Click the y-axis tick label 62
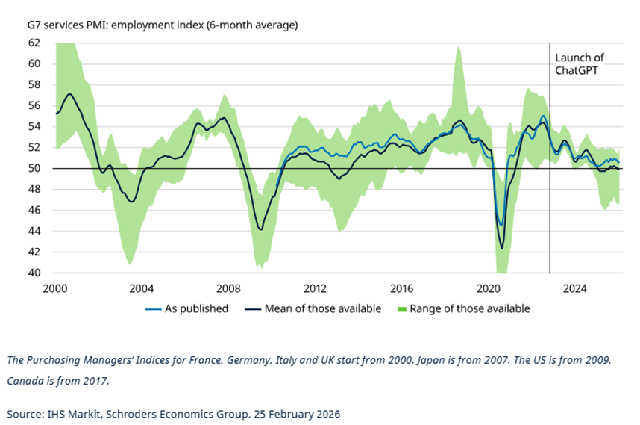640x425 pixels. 34,43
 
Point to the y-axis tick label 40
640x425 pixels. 34,273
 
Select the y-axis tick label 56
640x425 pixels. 34,105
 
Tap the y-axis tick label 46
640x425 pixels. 34,211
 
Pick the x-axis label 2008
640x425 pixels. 228,288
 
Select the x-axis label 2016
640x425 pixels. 401,288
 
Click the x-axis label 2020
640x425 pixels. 488,288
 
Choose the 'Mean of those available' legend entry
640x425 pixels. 322,308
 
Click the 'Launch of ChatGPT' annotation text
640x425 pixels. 579,63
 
